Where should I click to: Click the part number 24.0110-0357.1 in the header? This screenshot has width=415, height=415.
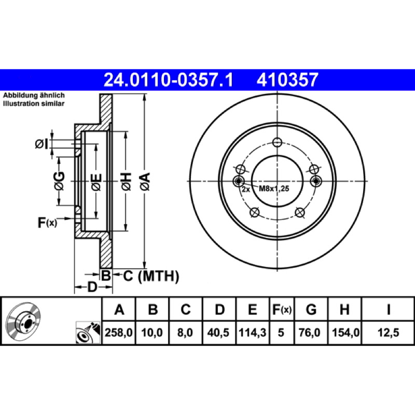pos(168,80)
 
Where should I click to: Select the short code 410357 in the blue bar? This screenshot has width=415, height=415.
pos(287,80)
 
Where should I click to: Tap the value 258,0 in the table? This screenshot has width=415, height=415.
pos(119,333)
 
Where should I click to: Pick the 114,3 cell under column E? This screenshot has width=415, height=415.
pos(252,333)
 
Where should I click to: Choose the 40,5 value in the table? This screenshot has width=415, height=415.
pos(218,333)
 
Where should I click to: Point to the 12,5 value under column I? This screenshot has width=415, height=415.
pos(388,333)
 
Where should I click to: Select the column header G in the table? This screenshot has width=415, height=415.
pos(311,309)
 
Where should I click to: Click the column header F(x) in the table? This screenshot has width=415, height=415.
pos(282,309)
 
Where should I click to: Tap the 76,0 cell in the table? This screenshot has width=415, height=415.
pos(309,333)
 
